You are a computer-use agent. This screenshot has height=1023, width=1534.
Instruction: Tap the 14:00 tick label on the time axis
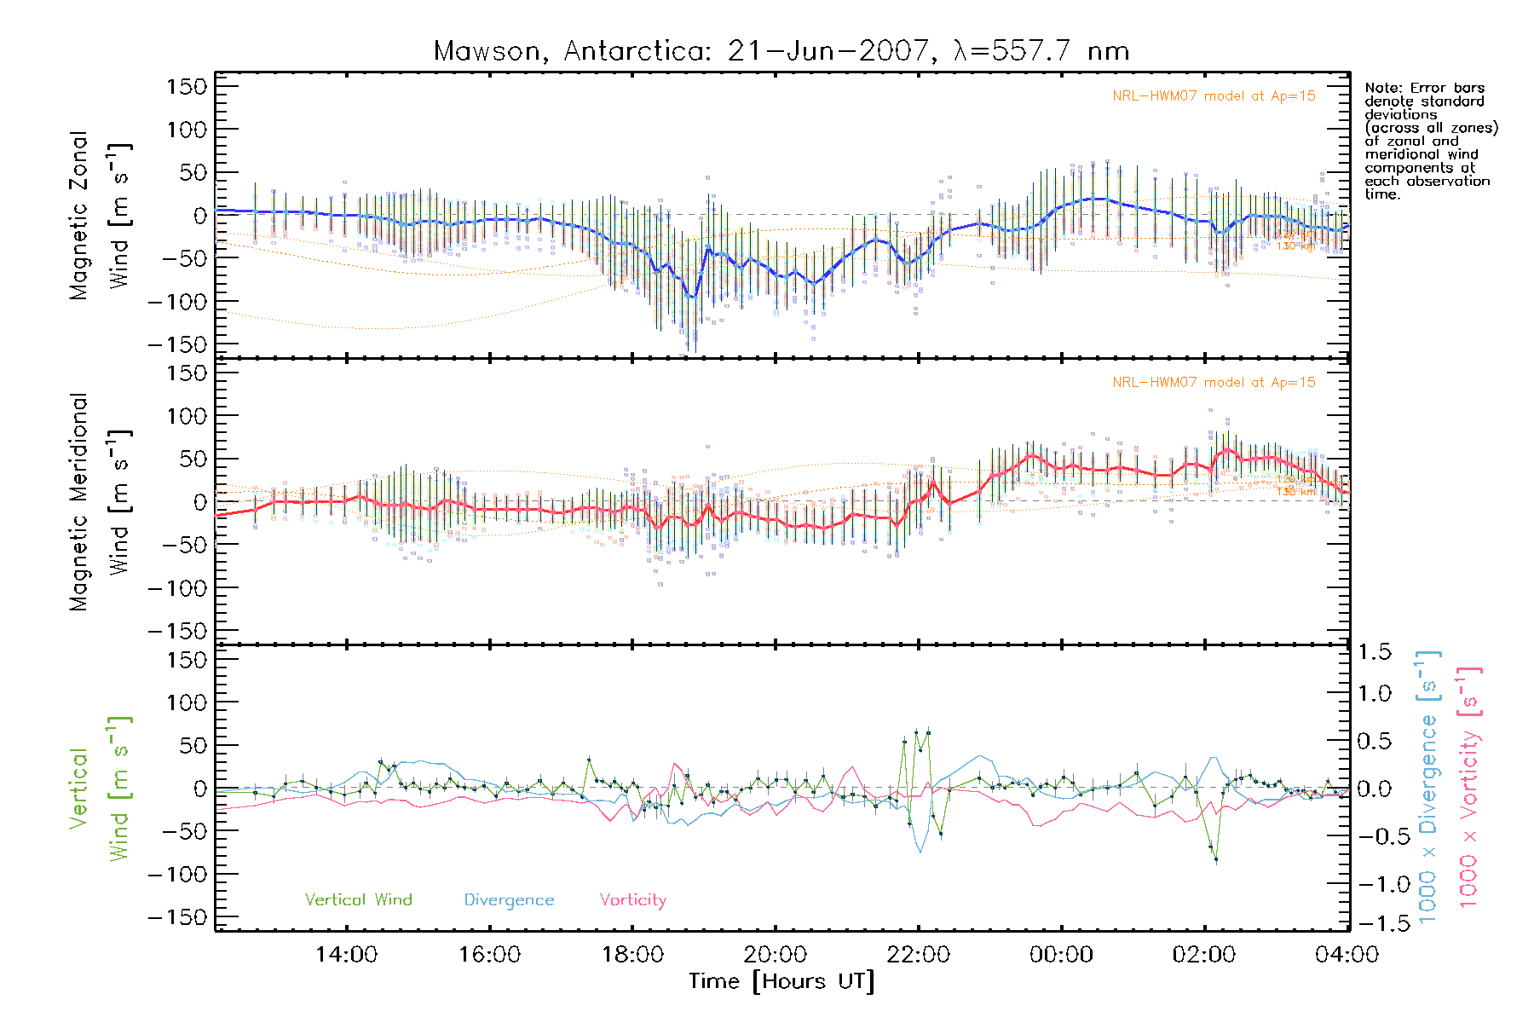pyautogui.click(x=346, y=955)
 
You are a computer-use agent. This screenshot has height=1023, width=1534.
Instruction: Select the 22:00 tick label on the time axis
pyautogui.click(x=918, y=955)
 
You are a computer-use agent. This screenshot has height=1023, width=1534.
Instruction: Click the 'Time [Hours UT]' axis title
pyautogui.click(x=781, y=982)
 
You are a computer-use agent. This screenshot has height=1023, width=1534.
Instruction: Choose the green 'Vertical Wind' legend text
pyautogui.click(x=358, y=900)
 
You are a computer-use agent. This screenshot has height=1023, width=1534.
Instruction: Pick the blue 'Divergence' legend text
pyautogui.click(x=509, y=900)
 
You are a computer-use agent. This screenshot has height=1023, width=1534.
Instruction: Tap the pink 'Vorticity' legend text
pyautogui.click(x=632, y=900)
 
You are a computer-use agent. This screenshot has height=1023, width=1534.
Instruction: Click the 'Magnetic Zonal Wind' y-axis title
pyautogui.click(x=101, y=216)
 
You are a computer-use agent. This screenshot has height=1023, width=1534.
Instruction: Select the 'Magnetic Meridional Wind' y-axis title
pyautogui.click(x=101, y=502)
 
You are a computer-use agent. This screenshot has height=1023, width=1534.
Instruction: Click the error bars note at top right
pyautogui.click(x=1430, y=141)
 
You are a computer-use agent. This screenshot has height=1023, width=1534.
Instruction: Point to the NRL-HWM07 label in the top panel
pyautogui.click(x=1214, y=96)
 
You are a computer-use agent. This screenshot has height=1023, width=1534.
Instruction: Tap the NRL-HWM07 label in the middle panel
pyautogui.click(x=1214, y=383)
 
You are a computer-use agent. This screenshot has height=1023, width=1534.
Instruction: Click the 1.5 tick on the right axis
pyautogui.click(x=1374, y=652)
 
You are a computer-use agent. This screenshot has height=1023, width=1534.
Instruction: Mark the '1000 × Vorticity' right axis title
pyautogui.click(x=1469, y=788)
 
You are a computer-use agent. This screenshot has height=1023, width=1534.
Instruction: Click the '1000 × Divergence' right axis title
pyautogui.click(x=1428, y=788)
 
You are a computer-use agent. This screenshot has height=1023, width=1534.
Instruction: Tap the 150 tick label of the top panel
pyautogui.click(x=187, y=87)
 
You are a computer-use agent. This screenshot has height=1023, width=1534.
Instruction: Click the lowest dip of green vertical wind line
pyautogui.click(x=1216, y=859)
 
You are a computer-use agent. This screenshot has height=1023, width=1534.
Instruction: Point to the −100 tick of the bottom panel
pyautogui.click(x=177, y=875)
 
